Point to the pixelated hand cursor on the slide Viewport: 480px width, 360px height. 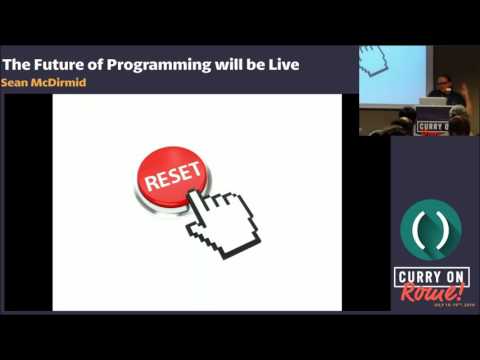tap(225, 221)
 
